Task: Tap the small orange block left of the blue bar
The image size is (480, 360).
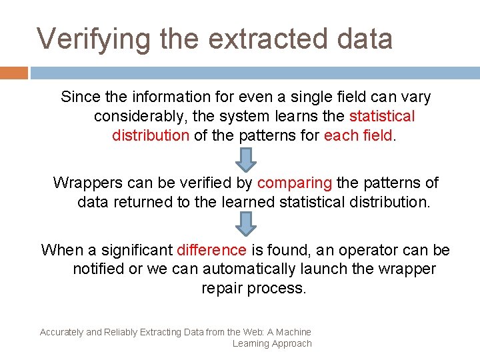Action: click(x=14, y=73)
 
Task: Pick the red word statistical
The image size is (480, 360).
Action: click(x=382, y=117)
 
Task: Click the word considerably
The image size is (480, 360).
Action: click(x=141, y=117)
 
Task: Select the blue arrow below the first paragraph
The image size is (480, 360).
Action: click(x=247, y=159)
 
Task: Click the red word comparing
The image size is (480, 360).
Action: click(x=294, y=183)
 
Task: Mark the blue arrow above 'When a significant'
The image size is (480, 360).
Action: click(x=247, y=225)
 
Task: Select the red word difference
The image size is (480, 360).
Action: click(x=211, y=251)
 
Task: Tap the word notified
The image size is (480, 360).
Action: click(x=98, y=270)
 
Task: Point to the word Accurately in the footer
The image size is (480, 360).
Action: click(x=61, y=332)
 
